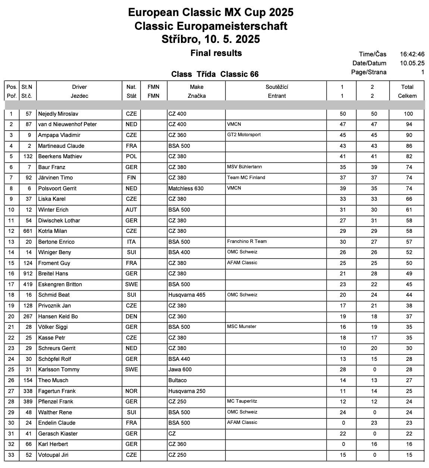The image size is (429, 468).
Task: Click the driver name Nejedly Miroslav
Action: pos(58,114)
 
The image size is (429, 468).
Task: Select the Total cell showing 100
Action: pos(408,114)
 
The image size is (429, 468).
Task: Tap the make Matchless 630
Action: pos(186,188)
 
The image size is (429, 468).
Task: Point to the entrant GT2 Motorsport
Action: pos(244,135)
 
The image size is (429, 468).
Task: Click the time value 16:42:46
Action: pos(412,54)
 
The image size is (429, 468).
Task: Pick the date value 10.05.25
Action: pos(412,63)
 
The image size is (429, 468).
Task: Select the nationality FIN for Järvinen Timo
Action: pos(131,178)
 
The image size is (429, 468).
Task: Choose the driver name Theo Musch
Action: pos(53,380)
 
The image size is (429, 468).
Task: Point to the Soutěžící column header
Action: pos(277,87)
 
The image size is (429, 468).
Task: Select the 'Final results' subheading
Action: pos(216,53)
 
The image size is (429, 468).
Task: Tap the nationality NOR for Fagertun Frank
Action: pos(131,391)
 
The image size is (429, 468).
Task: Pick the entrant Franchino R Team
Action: pos(247,241)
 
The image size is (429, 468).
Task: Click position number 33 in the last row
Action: pos(11,455)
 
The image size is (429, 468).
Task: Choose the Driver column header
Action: pos(79,87)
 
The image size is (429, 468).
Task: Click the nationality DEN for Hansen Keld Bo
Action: pos(131,316)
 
